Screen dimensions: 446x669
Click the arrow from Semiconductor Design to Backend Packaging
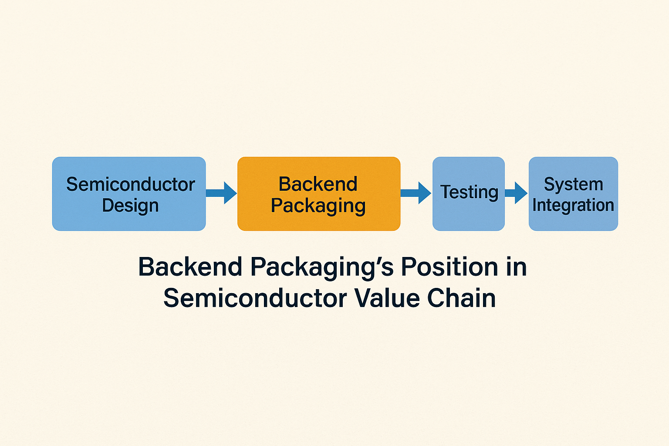point(221,193)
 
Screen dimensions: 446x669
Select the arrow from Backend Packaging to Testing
point(416,193)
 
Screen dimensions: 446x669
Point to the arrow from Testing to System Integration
point(517,193)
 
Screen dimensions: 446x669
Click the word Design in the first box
point(130,206)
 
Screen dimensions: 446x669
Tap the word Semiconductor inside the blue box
point(130,184)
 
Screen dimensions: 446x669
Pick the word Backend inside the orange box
point(318,184)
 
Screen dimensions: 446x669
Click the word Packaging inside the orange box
point(318,206)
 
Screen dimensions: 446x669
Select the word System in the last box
point(574,184)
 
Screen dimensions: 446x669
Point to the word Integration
point(573,205)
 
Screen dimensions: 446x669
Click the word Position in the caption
point(449,267)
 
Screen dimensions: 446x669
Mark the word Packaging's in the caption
point(322,267)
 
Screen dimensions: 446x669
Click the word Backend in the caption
point(190,267)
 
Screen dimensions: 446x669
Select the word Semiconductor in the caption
point(255,298)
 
